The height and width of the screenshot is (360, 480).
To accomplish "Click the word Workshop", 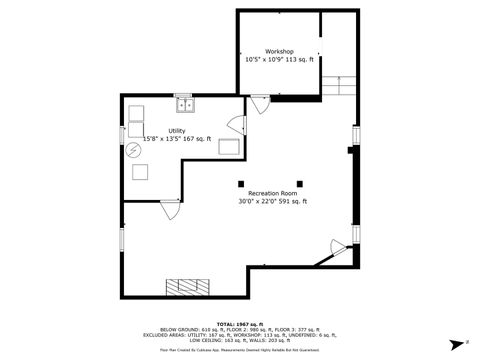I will [x=279, y=51].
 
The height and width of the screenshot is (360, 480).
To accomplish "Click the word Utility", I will [x=176, y=130].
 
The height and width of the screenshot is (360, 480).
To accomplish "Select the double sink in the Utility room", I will [x=185, y=104].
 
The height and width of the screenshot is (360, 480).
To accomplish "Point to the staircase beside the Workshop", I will [x=343, y=87].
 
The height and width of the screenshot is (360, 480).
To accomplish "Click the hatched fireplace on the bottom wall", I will [x=190, y=288].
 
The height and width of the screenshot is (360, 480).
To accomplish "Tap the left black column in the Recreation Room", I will [x=239, y=181].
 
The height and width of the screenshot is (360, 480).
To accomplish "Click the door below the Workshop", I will [x=259, y=103].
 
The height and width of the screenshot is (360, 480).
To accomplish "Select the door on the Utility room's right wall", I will [x=236, y=125].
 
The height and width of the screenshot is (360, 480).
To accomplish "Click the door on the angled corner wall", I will [x=329, y=257].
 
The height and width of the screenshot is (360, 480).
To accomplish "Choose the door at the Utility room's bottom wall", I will [x=170, y=210].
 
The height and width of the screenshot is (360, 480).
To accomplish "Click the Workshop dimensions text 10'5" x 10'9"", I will [x=264, y=60].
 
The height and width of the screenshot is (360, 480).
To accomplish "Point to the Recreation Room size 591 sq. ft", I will [x=292, y=201].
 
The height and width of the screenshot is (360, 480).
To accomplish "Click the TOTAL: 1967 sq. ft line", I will [x=239, y=324].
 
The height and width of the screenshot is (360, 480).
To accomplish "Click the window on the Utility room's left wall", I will [x=122, y=133].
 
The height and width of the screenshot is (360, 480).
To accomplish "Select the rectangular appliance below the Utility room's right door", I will [x=229, y=148].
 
